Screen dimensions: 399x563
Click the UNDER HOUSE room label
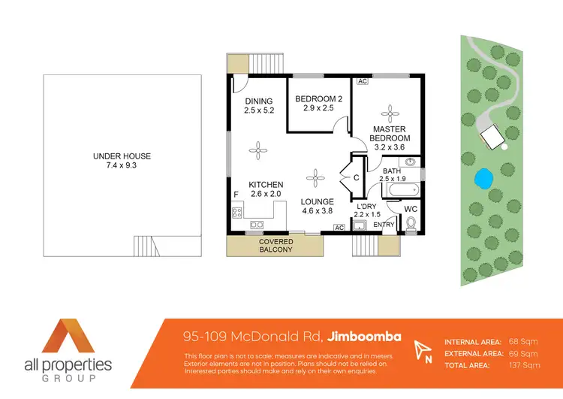coord(122,161)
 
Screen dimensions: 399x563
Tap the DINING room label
coord(258,106)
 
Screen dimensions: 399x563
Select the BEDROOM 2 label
coord(318,103)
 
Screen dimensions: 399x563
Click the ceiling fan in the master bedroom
coord(390,113)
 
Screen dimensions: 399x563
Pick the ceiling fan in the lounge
coord(315,178)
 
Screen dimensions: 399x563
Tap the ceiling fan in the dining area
coord(257,150)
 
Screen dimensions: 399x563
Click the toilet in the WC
coord(411,223)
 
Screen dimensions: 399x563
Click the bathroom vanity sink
coord(411,162)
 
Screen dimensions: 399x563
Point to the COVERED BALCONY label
coord(275,246)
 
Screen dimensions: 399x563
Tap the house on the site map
coord(491,136)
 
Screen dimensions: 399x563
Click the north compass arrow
coord(423,349)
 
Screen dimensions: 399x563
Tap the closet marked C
coord(357,177)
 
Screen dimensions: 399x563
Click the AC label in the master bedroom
coord(362,81)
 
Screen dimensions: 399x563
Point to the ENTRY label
coord(384,225)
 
